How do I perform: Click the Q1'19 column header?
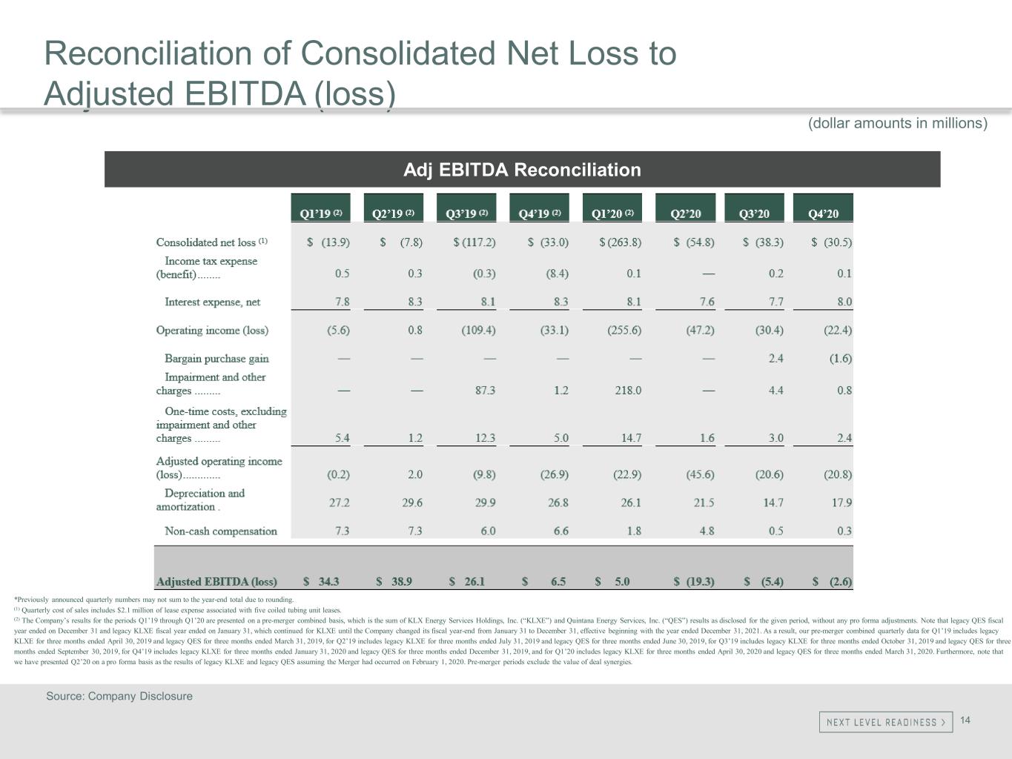tap(320, 213)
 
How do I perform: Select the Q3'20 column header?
tap(754, 213)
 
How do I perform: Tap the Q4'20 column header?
tap(823, 213)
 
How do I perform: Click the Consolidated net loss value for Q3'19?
tap(474, 242)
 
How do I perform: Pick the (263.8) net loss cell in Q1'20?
tap(621, 242)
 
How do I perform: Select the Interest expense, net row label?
tap(212, 302)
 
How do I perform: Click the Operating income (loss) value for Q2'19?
tap(415, 330)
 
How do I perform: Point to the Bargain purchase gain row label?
tap(216, 359)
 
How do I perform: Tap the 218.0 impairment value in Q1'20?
tap(628, 390)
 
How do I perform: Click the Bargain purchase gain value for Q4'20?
tap(840, 359)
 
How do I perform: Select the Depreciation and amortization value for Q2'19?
tap(412, 503)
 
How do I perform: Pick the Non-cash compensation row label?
tap(220, 531)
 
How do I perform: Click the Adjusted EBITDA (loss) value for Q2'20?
tap(694, 582)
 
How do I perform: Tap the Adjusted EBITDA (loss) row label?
tap(216, 582)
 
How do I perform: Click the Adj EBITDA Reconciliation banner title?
tap(522, 170)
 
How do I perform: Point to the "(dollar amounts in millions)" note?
tap(897, 123)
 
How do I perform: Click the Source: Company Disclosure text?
tap(119, 696)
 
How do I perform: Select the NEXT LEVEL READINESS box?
tap(885, 722)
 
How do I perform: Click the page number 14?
tap(965, 720)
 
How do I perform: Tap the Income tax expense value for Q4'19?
tap(557, 274)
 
